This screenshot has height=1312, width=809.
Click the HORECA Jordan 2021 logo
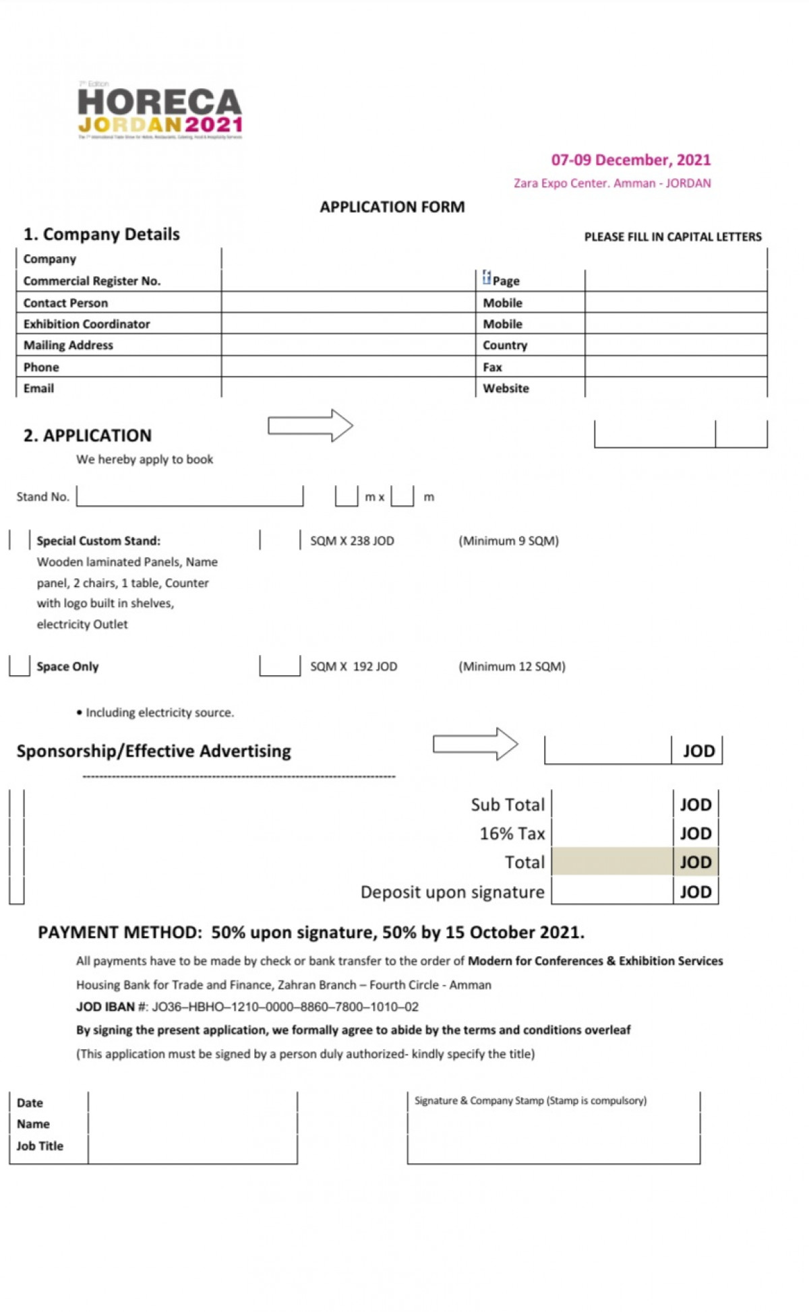(x=160, y=111)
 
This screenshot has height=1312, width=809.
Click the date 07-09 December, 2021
(x=630, y=160)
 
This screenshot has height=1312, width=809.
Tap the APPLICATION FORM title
(x=392, y=207)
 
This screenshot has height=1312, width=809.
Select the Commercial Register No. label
(x=92, y=281)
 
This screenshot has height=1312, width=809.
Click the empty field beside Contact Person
(x=348, y=303)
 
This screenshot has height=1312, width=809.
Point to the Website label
(x=506, y=388)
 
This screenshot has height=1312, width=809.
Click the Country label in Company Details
(x=504, y=345)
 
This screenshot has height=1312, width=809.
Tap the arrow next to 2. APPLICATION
(x=310, y=425)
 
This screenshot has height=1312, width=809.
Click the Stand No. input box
(x=189, y=496)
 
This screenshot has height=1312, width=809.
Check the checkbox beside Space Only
(x=20, y=666)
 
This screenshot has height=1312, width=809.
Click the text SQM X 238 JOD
(x=352, y=540)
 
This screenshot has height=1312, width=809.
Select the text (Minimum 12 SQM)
(x=512, y=666)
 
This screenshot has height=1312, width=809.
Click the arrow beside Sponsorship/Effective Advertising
(x=475, y=744)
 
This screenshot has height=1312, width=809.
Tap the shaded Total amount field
(x=611, y=862)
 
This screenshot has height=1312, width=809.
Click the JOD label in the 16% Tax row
(x=695, y=834)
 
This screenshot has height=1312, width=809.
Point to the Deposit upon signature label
(x=452, y=892)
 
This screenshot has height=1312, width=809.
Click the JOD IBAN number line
(x=247, y=1007)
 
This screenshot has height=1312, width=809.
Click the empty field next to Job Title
(x=192, y=1146)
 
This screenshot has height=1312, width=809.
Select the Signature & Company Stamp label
(x=530, y=1100)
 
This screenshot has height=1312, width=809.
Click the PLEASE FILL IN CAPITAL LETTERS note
(x=672, y=237)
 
